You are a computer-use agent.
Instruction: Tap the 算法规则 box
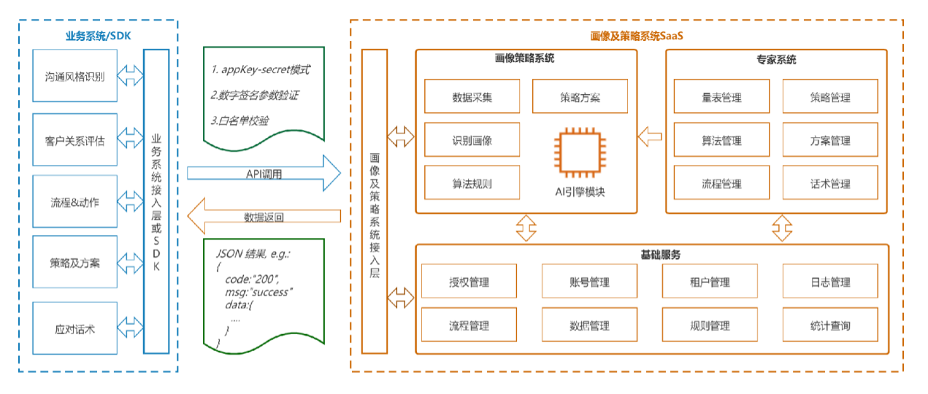coord(472,183)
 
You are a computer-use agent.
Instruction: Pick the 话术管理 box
coord(830,183)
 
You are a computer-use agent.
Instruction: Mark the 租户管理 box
coord(710,282)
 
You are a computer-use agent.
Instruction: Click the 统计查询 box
coord(830,325)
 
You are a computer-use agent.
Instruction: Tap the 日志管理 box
coord(830,282)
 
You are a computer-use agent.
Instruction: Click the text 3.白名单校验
coord(239,120)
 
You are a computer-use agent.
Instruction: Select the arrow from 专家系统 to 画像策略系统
coord(649,135)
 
